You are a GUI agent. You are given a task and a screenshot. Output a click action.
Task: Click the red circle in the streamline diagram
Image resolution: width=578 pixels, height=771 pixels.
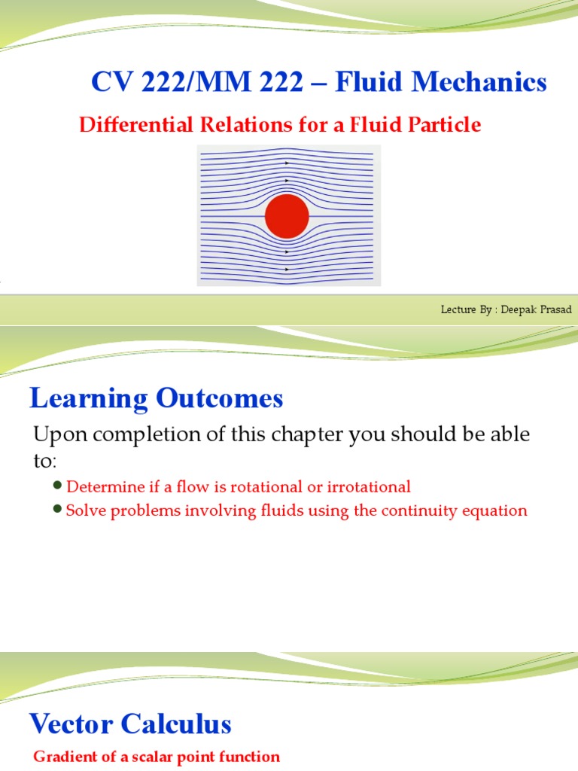287,216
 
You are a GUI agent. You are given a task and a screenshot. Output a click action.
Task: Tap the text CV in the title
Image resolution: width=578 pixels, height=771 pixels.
107,82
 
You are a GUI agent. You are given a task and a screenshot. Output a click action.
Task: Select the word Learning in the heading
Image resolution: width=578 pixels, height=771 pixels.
87,398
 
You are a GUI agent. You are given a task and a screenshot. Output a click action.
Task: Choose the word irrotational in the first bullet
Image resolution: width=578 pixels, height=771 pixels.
367,487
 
